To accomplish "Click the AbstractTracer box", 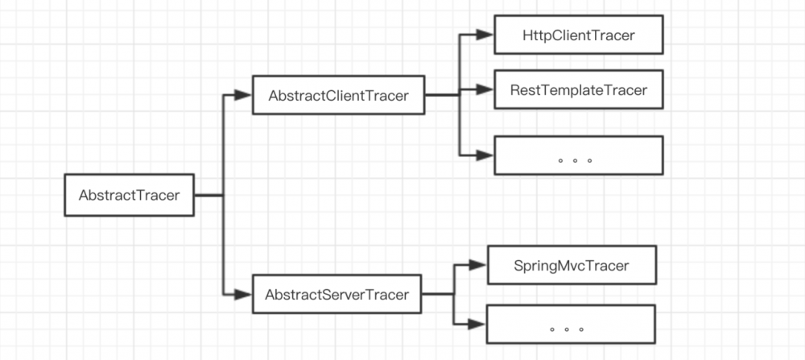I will pos(129,195).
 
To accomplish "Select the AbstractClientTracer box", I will pos(339,96).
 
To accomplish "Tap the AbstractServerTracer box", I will pos(342,295).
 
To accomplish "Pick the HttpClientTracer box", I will pos(578,35).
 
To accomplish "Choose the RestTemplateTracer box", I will pos(578,89).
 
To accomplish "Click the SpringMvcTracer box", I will pos(572,264).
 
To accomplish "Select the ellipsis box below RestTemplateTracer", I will pos(578,155).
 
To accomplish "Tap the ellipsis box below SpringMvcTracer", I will pos(571,325).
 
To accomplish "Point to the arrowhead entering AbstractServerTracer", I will pos(243,295).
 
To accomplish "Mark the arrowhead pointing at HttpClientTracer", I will pos(484,35).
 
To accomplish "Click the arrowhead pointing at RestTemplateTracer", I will pos(484,89).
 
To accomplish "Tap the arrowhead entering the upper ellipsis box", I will pos(484,155).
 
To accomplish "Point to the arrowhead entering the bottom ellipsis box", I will pos(478,325).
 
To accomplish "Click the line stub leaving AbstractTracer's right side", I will pos(208,195).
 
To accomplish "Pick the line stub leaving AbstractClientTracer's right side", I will pos(441,96).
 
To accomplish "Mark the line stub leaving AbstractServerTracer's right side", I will pos(436,295).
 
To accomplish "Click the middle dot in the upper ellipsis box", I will pos(576,160).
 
